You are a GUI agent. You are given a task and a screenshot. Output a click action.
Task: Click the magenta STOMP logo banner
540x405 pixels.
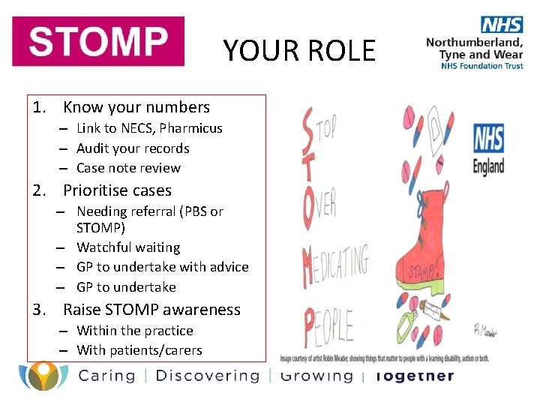(97, 41)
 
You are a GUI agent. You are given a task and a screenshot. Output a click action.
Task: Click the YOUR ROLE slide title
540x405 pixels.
(298, 50)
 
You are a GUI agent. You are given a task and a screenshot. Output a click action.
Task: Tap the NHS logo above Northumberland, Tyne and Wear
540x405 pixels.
(502, 24)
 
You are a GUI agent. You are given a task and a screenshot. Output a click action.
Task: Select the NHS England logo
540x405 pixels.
(488, 148)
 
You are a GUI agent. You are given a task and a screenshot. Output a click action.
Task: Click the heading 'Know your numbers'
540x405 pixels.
(136, 108)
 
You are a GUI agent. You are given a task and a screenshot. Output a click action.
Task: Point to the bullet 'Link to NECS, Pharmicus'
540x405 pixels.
(149, 128)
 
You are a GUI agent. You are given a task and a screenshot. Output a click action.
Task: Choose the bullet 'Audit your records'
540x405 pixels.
(133, 148)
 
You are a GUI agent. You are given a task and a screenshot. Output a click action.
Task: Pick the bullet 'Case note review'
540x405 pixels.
(128, 168)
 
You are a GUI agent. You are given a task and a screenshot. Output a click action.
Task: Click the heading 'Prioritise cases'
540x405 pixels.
(117, 190)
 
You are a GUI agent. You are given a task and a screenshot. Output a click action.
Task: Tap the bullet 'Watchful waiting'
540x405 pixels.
(128, 247)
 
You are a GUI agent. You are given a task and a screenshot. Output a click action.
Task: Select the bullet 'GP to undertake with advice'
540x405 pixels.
(162, 267)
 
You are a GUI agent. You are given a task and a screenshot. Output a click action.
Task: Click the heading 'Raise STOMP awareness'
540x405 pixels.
(151, 310)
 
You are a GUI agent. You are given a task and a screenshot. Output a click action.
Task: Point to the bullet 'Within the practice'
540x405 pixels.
(135, 331)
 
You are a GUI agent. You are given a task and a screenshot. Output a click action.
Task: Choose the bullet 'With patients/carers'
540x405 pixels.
(139, 350)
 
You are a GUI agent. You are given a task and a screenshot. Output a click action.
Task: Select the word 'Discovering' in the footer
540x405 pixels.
(207, 376)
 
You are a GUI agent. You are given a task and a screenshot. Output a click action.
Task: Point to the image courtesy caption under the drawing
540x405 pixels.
(385, 358)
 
